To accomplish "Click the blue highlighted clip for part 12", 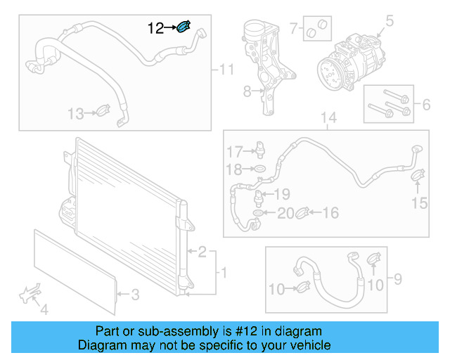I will pyautogui.click(x=183, y=27).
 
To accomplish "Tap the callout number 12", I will pyautogui.click(x=155, y=28).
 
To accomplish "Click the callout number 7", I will pyautogui.click(x=294, y=29).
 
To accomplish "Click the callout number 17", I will pyautogui.click(x=233, y=151).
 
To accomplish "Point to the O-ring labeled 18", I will pyautogui.click(x=259, y=169).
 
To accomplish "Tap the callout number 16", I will pyautogui.click(x=330, y=212).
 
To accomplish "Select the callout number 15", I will pyautogui.click(x=419, y=203).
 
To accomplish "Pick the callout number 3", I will pyautogui.click(x=136, y=294).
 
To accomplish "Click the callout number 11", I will pyautogui.click(x=226, y=70).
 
